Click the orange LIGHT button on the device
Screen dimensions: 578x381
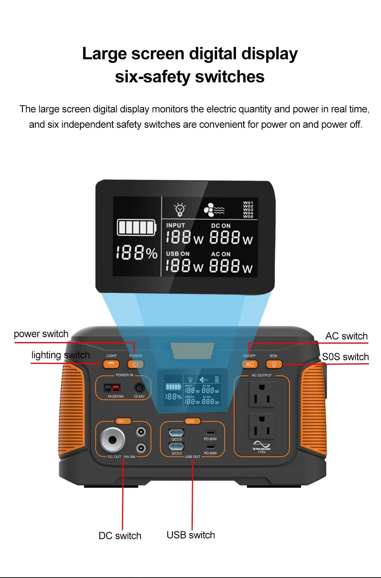click(x=111, y=364)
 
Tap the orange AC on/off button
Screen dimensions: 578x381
click(x=250, y=364)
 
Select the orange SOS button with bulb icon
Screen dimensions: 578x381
click(x=274, y=364)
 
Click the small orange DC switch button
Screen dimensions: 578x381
click(x=123, y=421)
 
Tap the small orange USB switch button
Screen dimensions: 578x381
click(x=192, y=421)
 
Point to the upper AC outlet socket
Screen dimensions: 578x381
click(x=262, y=394)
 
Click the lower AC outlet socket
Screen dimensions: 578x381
click(x=262, y=426)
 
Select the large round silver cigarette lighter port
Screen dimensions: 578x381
click(x=112, y=439)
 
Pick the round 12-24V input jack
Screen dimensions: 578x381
click(x=139, y=388)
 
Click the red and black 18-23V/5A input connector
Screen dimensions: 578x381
click(x=112, y=388)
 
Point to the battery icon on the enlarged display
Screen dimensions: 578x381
click(x=137, y=227)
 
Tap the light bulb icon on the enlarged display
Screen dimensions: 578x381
click(x=180, y=209)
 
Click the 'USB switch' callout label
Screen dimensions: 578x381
click(x=190, y=535)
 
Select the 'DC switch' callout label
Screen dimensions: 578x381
click(x=120, y=536)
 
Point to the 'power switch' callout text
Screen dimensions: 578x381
click(x=41, y=334)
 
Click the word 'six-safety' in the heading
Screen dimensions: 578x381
click(x=152, y=77)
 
